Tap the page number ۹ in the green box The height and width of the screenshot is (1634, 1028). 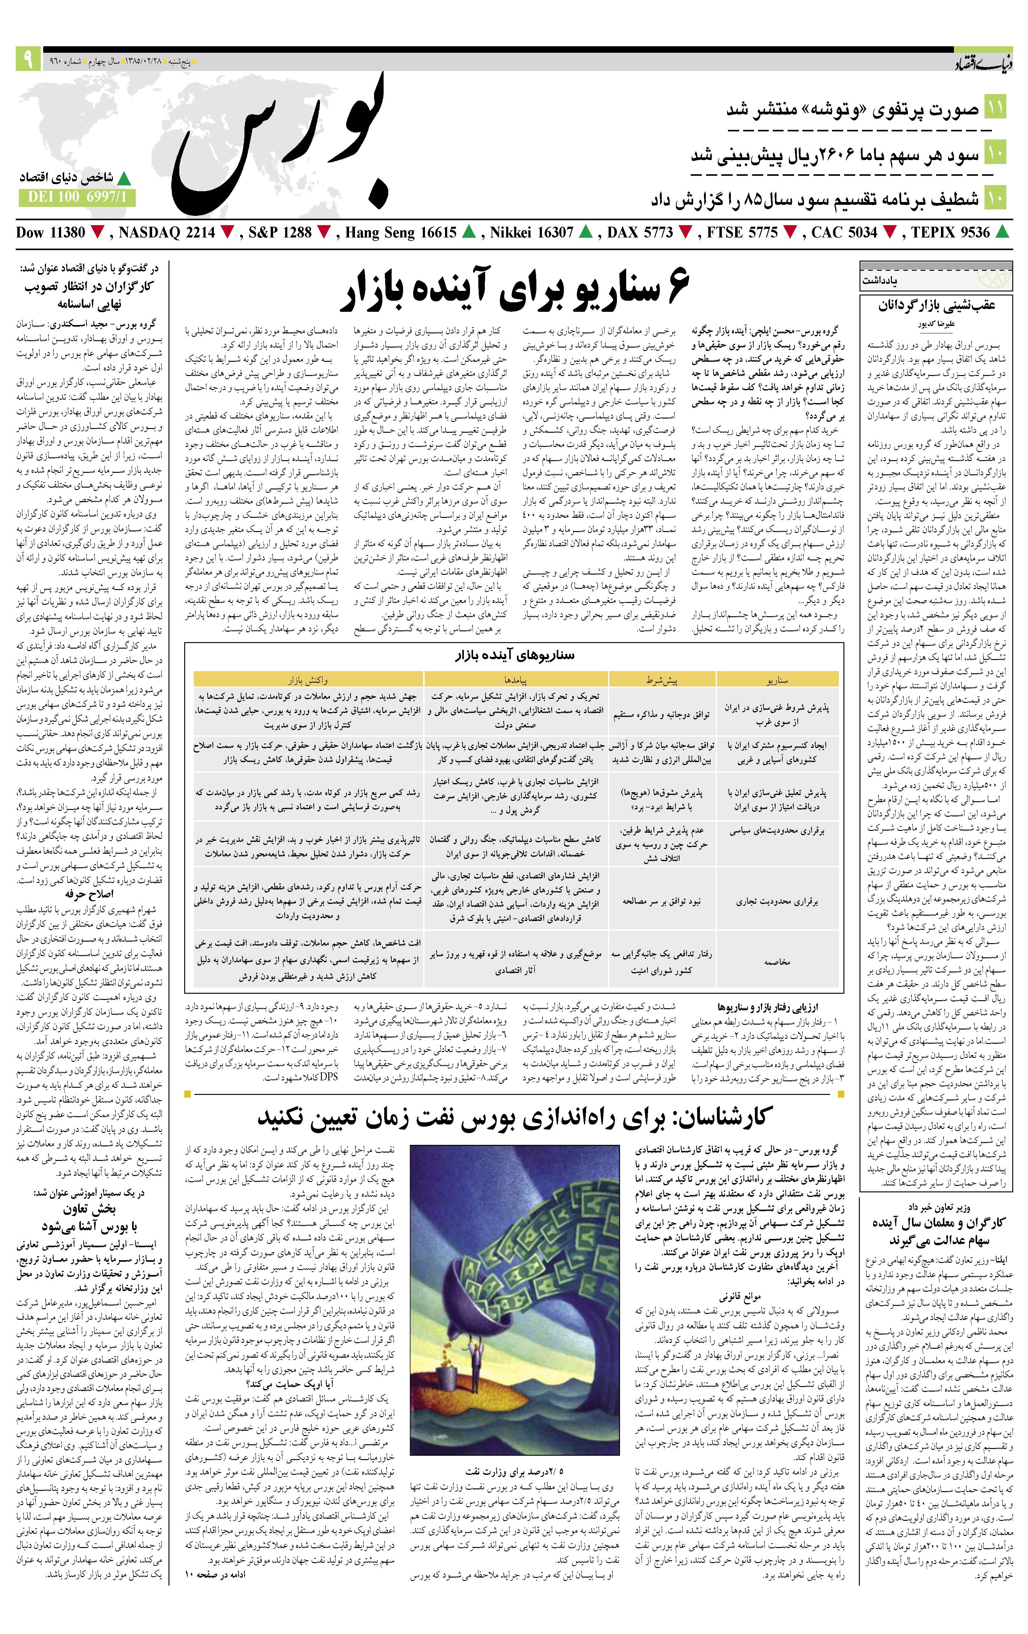[x=28, y=60]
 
